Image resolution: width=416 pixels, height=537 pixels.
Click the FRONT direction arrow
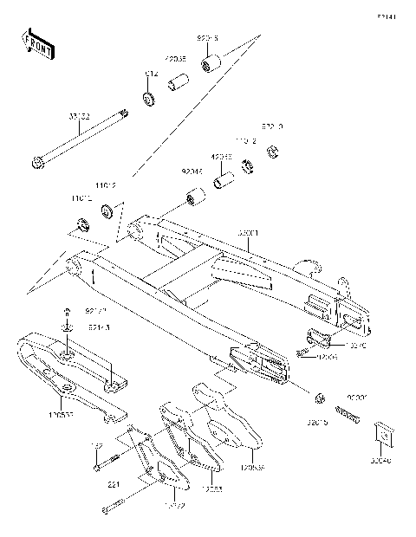coord(37,43)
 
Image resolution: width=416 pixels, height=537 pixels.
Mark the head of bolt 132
coord(94,469)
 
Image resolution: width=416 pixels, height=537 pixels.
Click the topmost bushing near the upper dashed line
coord(209,65)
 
